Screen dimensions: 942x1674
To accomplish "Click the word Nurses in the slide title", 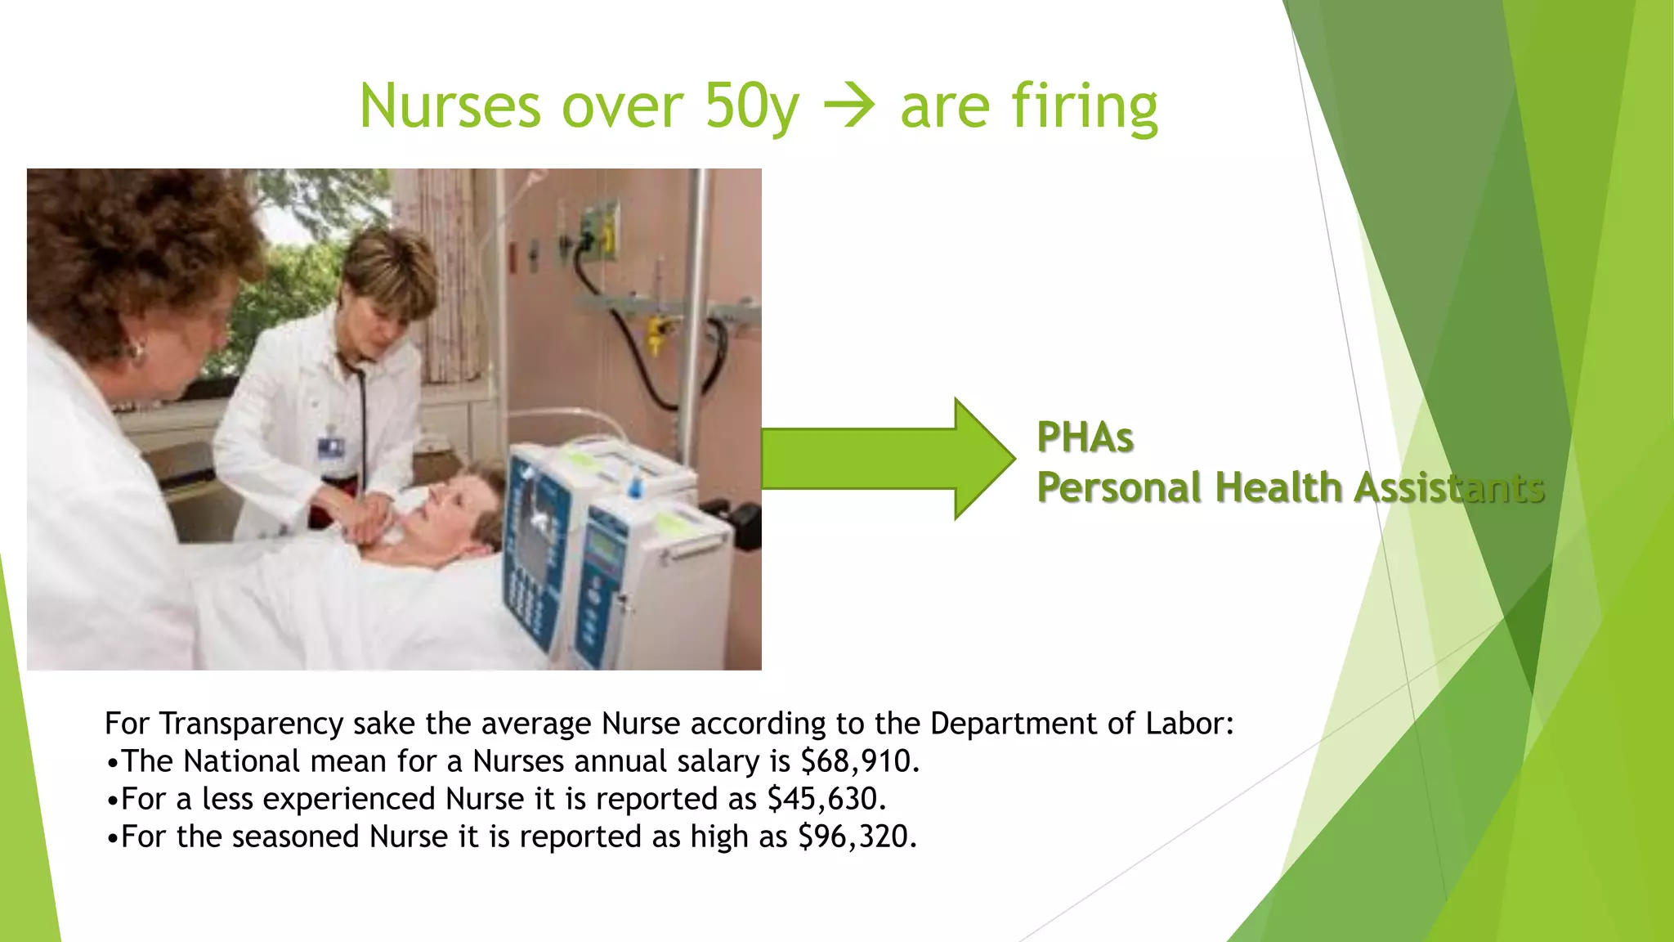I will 450,106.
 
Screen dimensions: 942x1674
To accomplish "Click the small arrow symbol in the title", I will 849,107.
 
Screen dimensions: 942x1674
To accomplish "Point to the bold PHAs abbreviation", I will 1085,437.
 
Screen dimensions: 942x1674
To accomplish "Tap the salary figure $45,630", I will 826,799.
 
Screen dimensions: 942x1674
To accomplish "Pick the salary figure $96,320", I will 857,837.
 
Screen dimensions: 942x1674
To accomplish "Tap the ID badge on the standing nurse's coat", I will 331,447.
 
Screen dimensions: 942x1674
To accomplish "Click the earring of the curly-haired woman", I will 135,352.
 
